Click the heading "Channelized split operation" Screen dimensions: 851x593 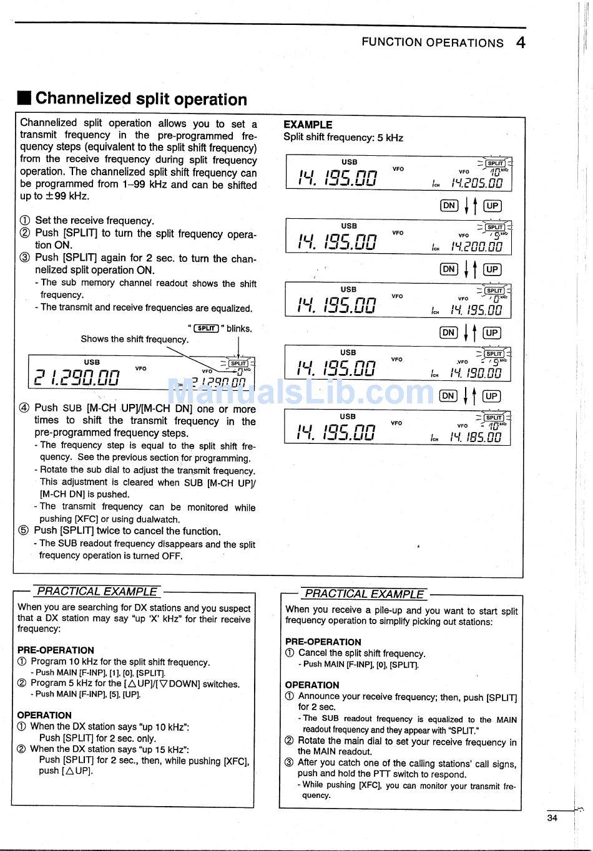point(141,99)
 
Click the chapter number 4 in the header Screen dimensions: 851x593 point(521,42)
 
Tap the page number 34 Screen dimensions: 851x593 point(552,818)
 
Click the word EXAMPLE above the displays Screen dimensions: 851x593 point(308,125)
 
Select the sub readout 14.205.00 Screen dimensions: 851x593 point(477,183)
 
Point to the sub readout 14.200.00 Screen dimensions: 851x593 point(477,247)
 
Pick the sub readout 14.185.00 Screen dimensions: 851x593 point(476,437)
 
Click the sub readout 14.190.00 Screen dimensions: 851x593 point(476,373)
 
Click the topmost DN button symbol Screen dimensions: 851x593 point(449,206)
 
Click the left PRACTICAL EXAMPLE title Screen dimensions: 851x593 point(97,591)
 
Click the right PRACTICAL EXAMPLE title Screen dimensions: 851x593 point(365,594)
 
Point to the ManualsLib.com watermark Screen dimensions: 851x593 point(300,392)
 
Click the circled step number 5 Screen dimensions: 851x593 point(24,531)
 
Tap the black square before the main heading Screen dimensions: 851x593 point(24,99)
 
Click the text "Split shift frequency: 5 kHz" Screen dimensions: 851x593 point(343,138)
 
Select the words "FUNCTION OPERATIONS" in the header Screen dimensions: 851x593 point(432,42)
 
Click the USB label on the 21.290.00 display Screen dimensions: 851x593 point(92,362)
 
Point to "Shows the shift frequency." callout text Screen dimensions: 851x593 point(134,339)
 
